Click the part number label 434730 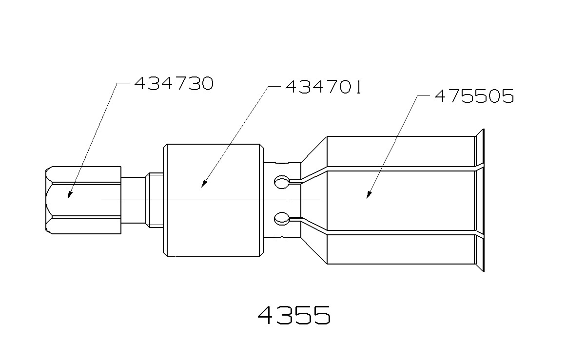click(x=174, y=84)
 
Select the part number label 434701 click(x=323, y=88)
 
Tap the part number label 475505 click(x=474, y=96)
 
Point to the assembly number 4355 click(x=294, y=316)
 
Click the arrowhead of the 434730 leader click(x=69, y=195)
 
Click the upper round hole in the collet click(x=281, y=182)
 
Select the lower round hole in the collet click(x=281, y=218)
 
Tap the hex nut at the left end click(x=83, y=200)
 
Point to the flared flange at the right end click(x=479, y=200)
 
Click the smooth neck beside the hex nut click(x=133, y=200)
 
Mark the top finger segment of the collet click(x=400, y=152)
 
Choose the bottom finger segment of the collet click(x=400, y=249)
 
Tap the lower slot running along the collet click(x=400, y=233)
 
